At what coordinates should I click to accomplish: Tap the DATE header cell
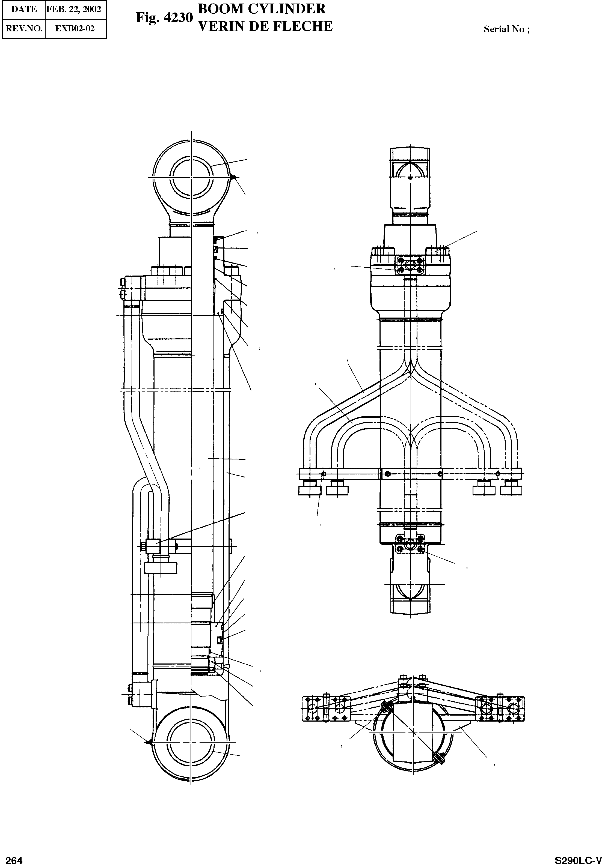click(24, 9)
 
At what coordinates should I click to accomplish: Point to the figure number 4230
click(165, 18)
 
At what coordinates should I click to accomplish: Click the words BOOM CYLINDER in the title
click(262, 9)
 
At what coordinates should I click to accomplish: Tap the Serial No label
click(506, 29)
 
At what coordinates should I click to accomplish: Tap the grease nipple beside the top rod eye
click(233, 177)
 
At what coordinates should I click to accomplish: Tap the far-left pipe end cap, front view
click(310, 490)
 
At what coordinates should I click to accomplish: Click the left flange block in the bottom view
click(326, 709)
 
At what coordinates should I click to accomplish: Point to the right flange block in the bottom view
click(500, 709)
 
